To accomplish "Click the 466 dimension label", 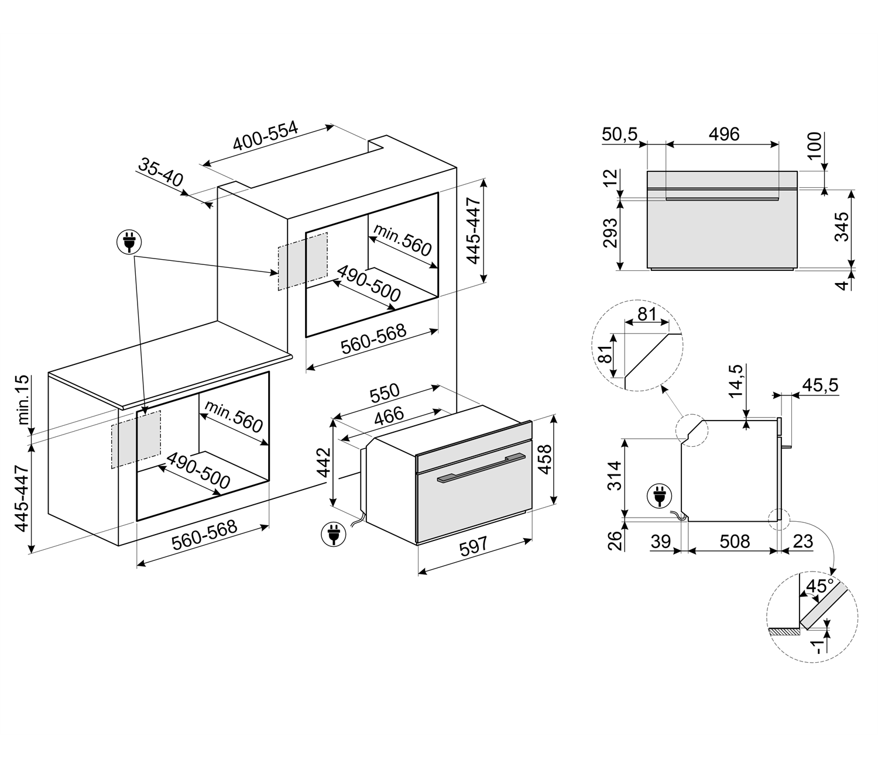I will (389, 416).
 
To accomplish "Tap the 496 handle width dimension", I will (724, 134).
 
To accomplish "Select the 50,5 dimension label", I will (619, 134).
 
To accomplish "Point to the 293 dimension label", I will (610, 233).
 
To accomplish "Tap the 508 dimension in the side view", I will (735, 542).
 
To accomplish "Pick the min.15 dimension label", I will (23, 400).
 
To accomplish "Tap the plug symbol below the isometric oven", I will (334, 534).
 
